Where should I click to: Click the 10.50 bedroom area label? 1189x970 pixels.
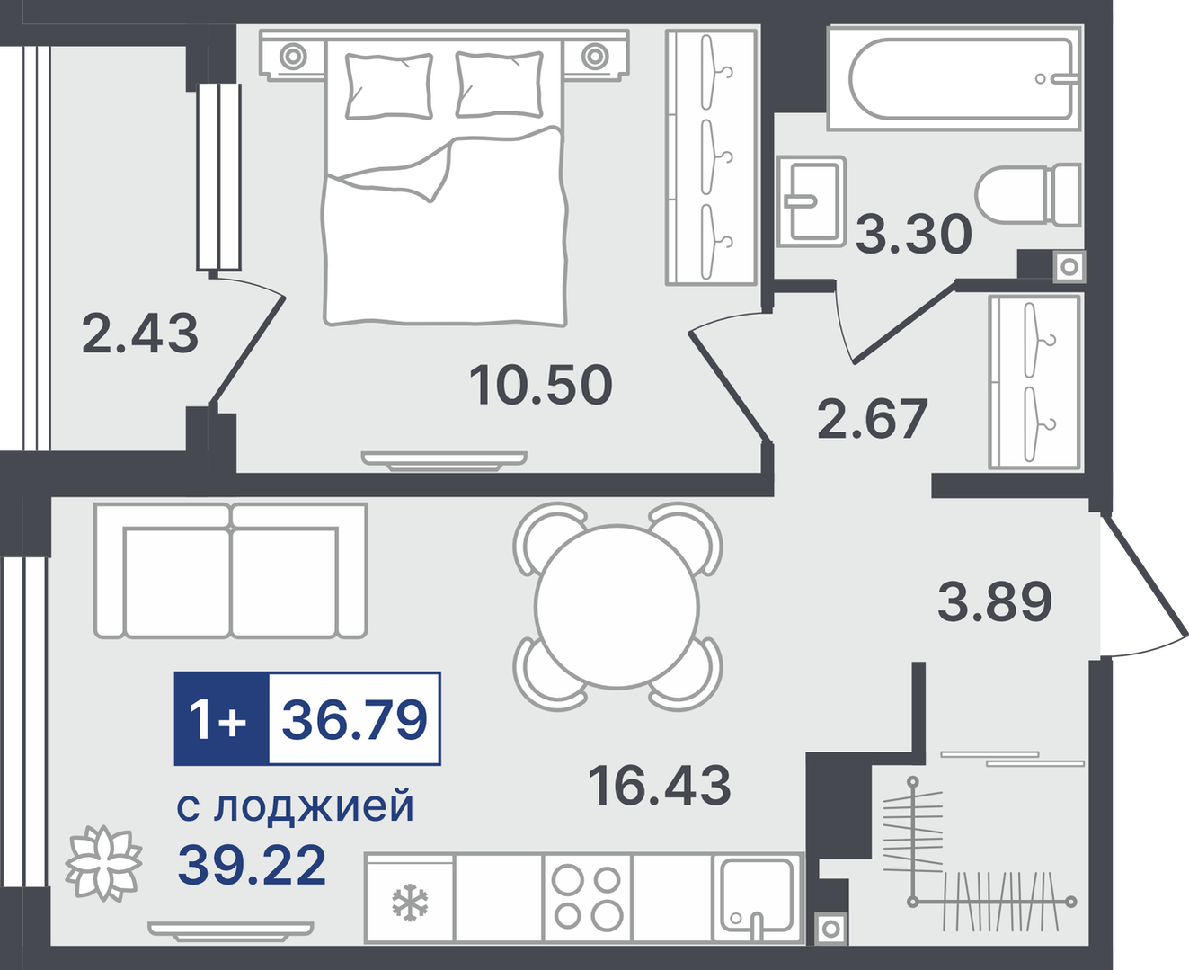[541, 385]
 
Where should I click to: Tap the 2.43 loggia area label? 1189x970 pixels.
[140, 334]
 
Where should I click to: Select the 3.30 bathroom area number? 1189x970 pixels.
[913, 234]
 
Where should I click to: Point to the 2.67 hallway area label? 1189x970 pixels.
[872, 418]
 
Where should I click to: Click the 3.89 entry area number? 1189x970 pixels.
[995, 601]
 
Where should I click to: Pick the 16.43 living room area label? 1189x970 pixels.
[660, 785]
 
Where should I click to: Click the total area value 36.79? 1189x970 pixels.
[355, 719]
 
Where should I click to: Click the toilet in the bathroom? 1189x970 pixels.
[1028, 195]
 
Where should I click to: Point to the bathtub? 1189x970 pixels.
[955, 78]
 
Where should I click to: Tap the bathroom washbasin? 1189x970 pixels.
[812, 201]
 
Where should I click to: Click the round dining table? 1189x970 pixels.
[617, 606]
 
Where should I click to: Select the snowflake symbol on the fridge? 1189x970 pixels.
[410, 903]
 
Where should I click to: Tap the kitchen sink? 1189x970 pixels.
[757, 899]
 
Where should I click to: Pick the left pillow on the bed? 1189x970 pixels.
[389, 86]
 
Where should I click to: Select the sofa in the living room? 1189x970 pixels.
[231, 571]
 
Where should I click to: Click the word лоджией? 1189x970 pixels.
[314, 807]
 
